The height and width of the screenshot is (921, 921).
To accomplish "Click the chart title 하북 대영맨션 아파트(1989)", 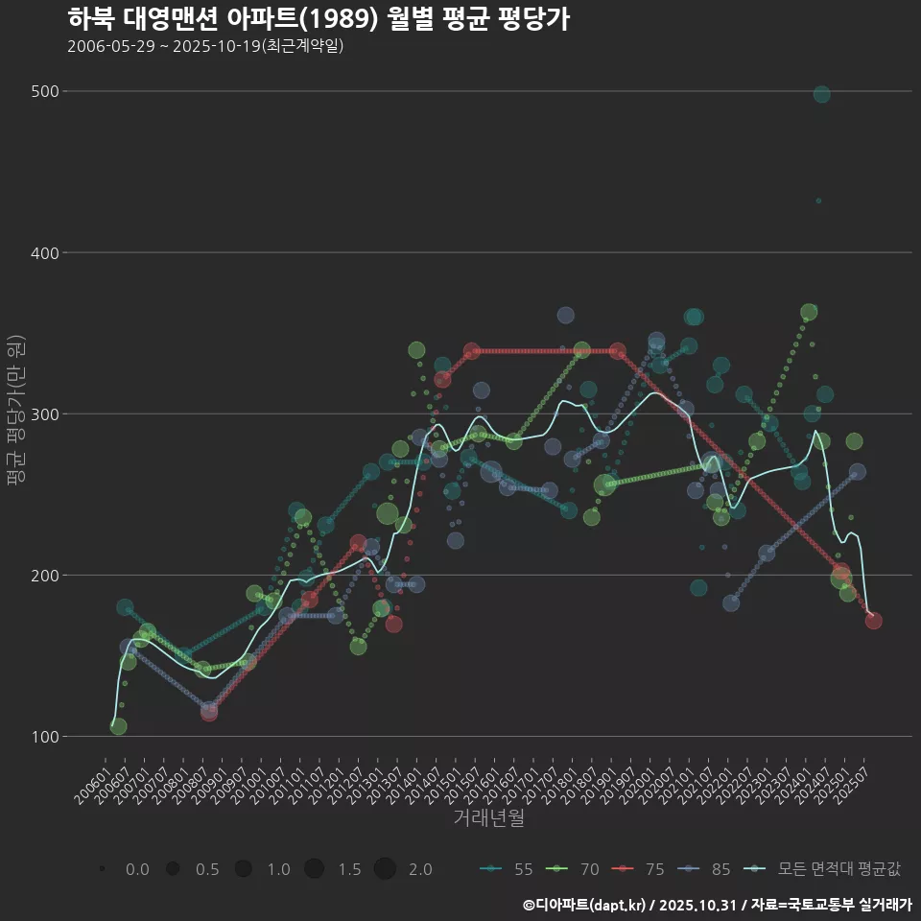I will pyautogui.click(x=319, y=19).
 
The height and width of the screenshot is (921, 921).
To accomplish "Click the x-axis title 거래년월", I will pyautogui.click(x=488, y=818).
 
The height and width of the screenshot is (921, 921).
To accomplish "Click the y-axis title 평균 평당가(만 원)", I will pyautogui.click(x=15, y=413).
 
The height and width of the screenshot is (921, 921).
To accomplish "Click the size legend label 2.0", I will pyautogui.click(x=419, y=869).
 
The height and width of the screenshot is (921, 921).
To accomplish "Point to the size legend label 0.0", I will pyautogui.click(x=137, y=869).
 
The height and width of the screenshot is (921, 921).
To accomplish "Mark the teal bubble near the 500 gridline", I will pyautogui.click(x=821, y=94).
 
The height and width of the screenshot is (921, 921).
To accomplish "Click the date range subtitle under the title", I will pyautogui.click(x=205, y=46).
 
